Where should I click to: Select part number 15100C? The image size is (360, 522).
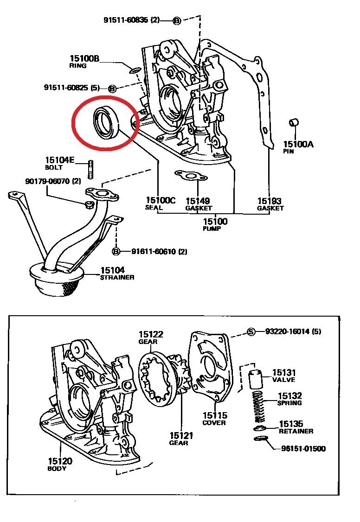tap(161, 200)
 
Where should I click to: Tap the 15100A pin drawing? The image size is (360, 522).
tap(293, 123)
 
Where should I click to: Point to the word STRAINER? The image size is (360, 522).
tap(117, 277)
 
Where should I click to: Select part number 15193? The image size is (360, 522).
tap(270, 201)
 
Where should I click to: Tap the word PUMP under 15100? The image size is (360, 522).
tap(215, 229)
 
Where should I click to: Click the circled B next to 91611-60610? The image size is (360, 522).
tap(116, 251)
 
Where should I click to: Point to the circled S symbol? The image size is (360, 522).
tap(251, 331)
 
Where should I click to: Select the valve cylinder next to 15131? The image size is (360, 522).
tap(254, 379)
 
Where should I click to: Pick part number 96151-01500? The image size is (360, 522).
tap(303, 449)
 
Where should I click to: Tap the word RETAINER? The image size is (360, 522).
tap(296, 431)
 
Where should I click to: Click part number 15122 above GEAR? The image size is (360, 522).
tap(151, 334)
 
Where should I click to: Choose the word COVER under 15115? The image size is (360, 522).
tap(214, 423)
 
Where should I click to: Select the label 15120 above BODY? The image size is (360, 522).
tap(60, 461)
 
